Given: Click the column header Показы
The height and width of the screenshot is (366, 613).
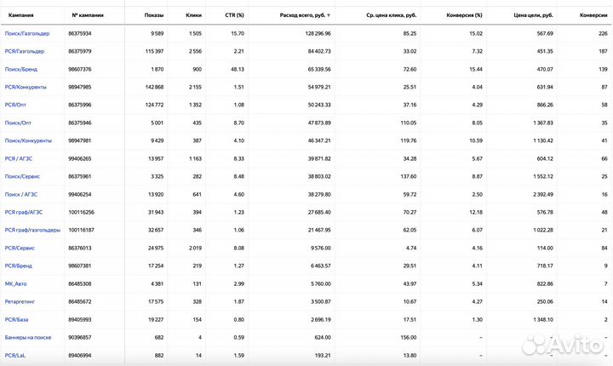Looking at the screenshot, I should click(154, 15).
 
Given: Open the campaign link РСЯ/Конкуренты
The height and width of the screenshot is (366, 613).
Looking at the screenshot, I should click(26, 87).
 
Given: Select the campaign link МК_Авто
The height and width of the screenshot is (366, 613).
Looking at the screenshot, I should click(17, 283).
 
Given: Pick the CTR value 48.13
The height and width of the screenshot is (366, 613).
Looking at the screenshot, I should click(237, 69).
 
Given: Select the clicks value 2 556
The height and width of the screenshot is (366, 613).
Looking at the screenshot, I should click(193, 51).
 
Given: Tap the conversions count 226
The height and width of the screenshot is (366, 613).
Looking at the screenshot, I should click(603, 33).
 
